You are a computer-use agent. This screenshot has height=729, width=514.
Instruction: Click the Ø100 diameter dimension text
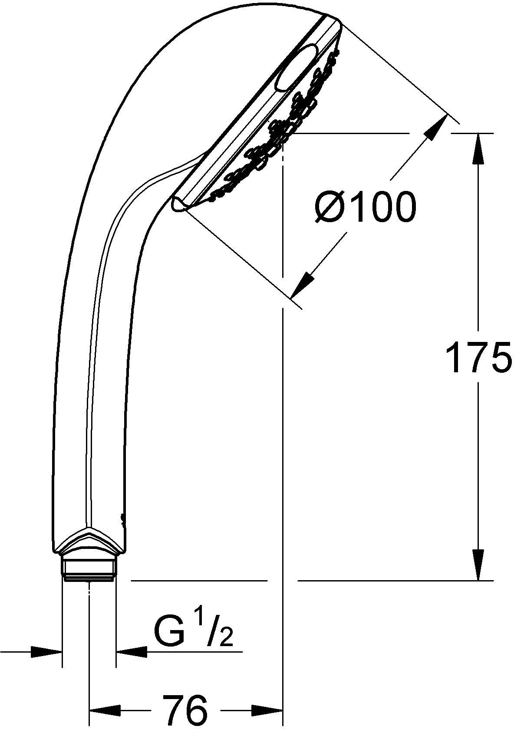pos(365,208)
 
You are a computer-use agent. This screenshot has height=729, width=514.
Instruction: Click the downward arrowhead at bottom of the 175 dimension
pos(478,564)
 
